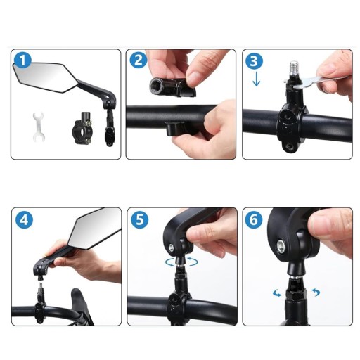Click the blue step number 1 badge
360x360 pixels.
tap(22, 60)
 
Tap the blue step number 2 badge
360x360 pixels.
tap(139, 60)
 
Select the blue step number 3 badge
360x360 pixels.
tap(254, 60)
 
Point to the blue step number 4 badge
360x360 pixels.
tap(24, 220)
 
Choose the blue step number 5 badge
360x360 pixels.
tap(140, 220)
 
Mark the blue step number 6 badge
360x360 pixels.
tap(254, 220)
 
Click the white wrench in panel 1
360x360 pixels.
tap(38, 127)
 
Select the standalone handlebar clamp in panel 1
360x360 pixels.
tap(82, 128)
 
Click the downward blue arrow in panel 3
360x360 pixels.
tap(257, 79)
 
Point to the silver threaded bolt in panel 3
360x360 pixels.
tap(294, 69)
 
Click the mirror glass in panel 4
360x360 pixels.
tap(96, 229)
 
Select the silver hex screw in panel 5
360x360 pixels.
tap(172, 247)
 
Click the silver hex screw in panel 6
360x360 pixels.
tap(281, 246)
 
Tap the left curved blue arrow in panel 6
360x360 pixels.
tap(277, 293)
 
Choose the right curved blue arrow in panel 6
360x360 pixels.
tap(316, 292)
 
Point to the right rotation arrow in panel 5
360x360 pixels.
tap(193, 262)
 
